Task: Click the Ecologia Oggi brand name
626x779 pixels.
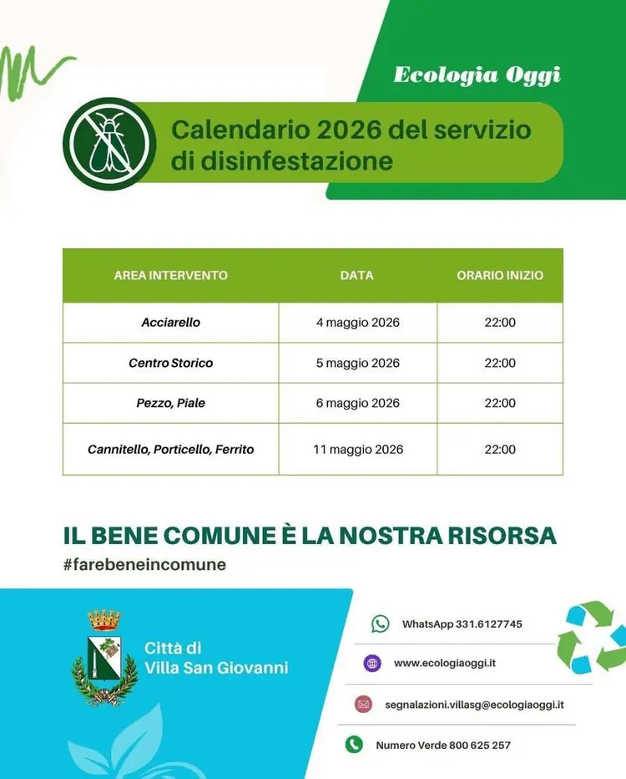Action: (477, 74)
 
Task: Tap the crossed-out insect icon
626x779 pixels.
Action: (109, 144)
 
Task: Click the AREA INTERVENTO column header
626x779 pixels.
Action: (170, 275)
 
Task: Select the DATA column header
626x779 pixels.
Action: (356, 275)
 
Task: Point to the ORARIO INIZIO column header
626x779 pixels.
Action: (499, 275)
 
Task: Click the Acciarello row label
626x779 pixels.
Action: (170, 323)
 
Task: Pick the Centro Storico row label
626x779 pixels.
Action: (170, 363)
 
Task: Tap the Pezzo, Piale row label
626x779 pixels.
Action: (170, 403)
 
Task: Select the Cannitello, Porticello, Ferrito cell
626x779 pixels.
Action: (170, 449)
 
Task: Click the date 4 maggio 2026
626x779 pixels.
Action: (357, 323)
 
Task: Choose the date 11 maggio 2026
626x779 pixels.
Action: (357, 449)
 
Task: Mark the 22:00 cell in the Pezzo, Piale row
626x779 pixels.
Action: (499, 403)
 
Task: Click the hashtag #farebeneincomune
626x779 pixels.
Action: (144, 564)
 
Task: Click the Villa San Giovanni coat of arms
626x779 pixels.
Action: (104, 657)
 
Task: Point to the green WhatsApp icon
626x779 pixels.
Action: (380, 624)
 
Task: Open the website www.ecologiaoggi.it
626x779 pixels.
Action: (445, 663)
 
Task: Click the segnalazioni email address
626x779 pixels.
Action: (474, 705)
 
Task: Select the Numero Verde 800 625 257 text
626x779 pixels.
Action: (442, 745)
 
